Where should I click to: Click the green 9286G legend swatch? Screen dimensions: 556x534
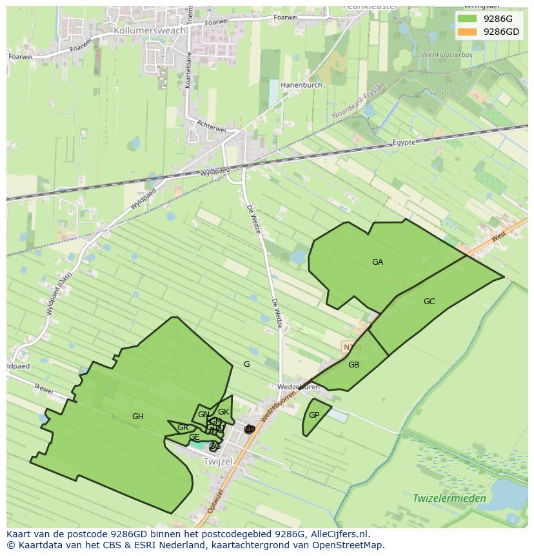point(468,19)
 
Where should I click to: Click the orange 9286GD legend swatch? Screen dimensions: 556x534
point(468,32)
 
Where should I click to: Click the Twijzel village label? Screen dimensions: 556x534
point(217,462)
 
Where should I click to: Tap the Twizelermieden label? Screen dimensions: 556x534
point(449,499)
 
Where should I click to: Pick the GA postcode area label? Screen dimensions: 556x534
point(377,262)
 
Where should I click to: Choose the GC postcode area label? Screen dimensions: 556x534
point(429,302)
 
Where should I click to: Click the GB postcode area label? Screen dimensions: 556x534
point(353,365)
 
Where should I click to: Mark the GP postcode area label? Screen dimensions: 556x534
point(314,415)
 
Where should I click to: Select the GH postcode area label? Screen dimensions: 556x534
point(137,417)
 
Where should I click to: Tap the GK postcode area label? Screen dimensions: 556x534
point(223,412)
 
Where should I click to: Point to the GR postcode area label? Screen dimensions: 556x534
point(183,427)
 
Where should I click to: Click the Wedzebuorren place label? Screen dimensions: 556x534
point(298,387)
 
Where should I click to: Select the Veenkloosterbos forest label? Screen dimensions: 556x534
point(446,55)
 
